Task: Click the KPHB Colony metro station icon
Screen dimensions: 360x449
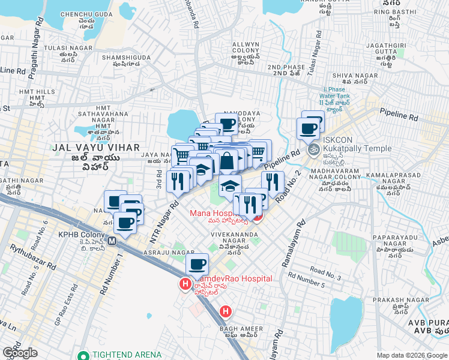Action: [x=112, y=243]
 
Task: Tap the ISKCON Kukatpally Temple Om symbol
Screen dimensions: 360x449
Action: [x=313, y=150]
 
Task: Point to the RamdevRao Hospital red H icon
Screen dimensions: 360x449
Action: [x=185, y=284]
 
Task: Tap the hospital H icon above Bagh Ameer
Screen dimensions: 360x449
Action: [x=225, y=311]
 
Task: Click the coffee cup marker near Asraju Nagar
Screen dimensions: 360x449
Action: [x=197, y=263]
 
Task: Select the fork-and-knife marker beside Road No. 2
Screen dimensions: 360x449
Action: [x=273, y=181]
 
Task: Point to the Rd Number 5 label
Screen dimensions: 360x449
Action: [x=306, y=279]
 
